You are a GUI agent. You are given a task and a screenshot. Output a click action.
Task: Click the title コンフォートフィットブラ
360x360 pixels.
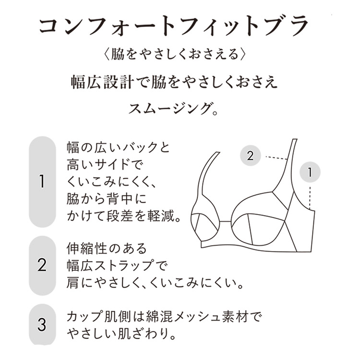coord(174,26)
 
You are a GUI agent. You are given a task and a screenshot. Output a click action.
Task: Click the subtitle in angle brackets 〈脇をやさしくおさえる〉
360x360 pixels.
coord(175,54)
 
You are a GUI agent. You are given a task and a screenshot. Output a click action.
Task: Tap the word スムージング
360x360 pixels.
coord(169,108)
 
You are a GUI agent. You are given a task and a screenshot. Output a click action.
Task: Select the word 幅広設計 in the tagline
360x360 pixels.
coord(102,82)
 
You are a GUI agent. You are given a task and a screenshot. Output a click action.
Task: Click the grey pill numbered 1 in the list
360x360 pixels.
coord(42,181)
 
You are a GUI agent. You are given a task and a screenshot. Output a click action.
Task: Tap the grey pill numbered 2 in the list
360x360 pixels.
coord(42,265)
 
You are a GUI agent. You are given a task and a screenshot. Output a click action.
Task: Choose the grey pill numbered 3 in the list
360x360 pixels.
coord(42,324)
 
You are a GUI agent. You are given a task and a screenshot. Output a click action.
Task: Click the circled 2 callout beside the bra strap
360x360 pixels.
coord(250,156)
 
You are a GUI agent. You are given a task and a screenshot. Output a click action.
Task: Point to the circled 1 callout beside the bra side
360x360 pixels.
coord(310,172)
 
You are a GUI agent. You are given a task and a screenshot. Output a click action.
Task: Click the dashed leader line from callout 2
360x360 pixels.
coord(276,158)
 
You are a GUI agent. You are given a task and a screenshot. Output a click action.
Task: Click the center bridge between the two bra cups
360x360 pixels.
coord(226,222)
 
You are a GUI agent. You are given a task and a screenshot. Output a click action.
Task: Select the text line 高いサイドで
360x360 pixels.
coord(105,164)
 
